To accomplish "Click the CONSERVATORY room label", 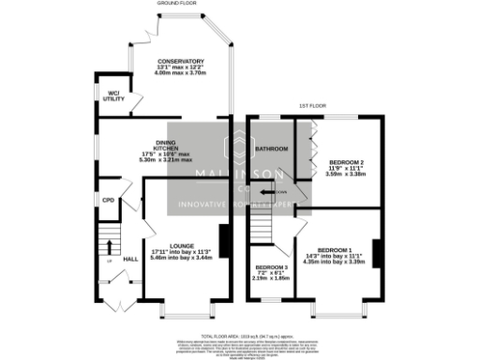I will pyautogui.click(x=181, y=61).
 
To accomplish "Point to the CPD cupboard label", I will pyautogui.click(x=108, y=200).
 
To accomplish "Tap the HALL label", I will pyautogui.click(x=130, y=259).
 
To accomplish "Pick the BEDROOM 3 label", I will pyautogui.click(x=272, y=266).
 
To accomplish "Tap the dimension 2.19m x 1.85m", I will pyautogui.click(x=272, y=277).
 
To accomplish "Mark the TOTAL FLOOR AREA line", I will pyautogui.click(x=239, y=335).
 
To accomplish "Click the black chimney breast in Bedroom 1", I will pyautogui.click(x=375, y=253).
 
